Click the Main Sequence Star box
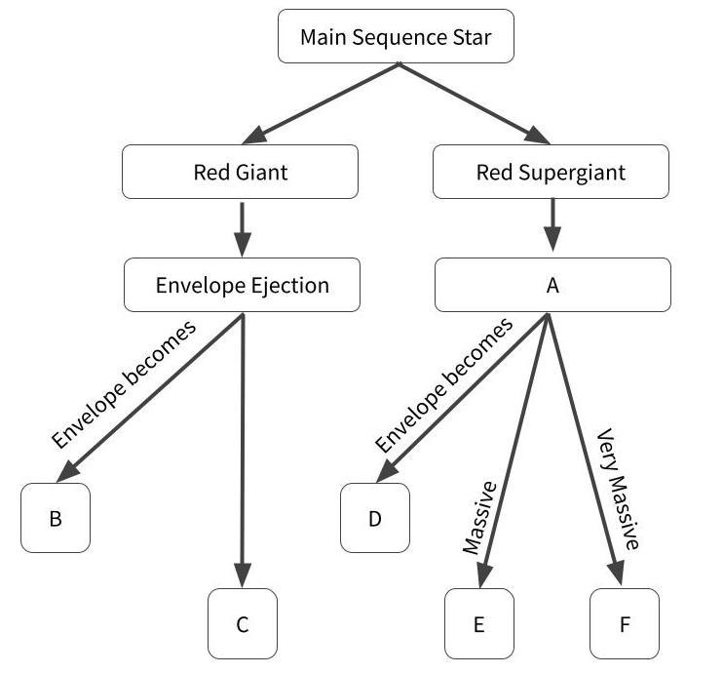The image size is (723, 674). pos(395,37)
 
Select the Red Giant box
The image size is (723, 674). pos(240,173)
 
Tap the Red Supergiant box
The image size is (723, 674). pos(551,173)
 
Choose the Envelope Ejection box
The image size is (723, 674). pos(242,285)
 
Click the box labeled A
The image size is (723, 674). pos(552,285)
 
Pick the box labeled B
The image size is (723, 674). pos(56,518)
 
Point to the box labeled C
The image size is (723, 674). pos(243,624)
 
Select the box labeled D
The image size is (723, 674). pos(375,518)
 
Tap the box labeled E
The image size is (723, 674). pos(478,624)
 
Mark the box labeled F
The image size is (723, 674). pos(625,624)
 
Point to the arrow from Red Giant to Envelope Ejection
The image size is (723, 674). pos(243,227)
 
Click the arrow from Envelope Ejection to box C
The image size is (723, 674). pos(243,449)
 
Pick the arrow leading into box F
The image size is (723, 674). pos(583,449)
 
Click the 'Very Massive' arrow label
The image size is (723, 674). pos(618,490)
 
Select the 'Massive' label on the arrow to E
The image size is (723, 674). pos(479,518)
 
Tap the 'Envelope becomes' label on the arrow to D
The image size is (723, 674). pos(443,385)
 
